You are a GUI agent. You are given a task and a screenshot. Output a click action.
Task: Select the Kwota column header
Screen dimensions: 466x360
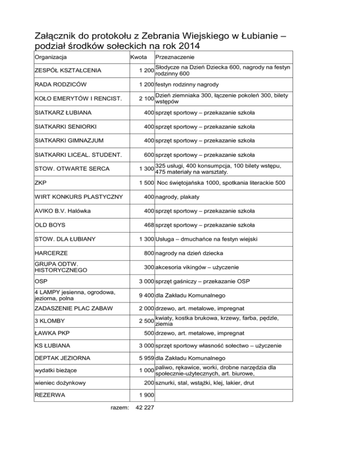pos(138,58)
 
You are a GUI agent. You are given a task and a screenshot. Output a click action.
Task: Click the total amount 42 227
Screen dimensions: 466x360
pos(144,408)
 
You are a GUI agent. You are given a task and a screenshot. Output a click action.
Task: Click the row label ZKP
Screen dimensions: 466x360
pos(41,182)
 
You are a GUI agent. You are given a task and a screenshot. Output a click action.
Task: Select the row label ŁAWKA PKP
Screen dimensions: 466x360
pos(52,333)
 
